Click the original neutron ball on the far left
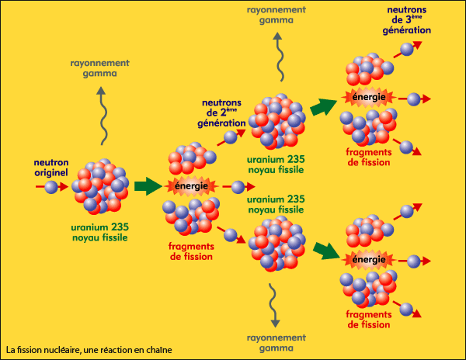pos(50,187)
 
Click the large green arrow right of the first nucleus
pos(144,186)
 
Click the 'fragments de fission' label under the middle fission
pos(191,251)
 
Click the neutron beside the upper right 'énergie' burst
pos(414,99)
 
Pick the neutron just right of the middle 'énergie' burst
pos(238,188)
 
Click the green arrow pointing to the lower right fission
pos(325,250)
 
